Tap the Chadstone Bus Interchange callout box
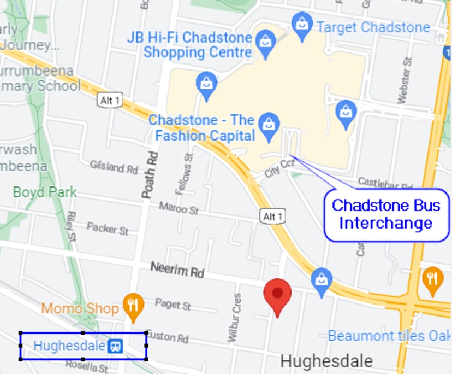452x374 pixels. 386,214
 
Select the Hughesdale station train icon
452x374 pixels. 115,346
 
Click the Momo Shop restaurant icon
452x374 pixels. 133,306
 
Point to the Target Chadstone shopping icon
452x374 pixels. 302,25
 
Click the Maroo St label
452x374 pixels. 178,208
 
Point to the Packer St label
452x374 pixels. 108,228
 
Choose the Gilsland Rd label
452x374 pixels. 114,167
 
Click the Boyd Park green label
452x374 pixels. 45,192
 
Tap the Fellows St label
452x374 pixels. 183,174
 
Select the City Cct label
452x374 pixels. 279,168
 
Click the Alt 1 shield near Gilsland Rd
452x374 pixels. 111,101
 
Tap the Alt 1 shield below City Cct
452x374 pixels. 273,217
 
